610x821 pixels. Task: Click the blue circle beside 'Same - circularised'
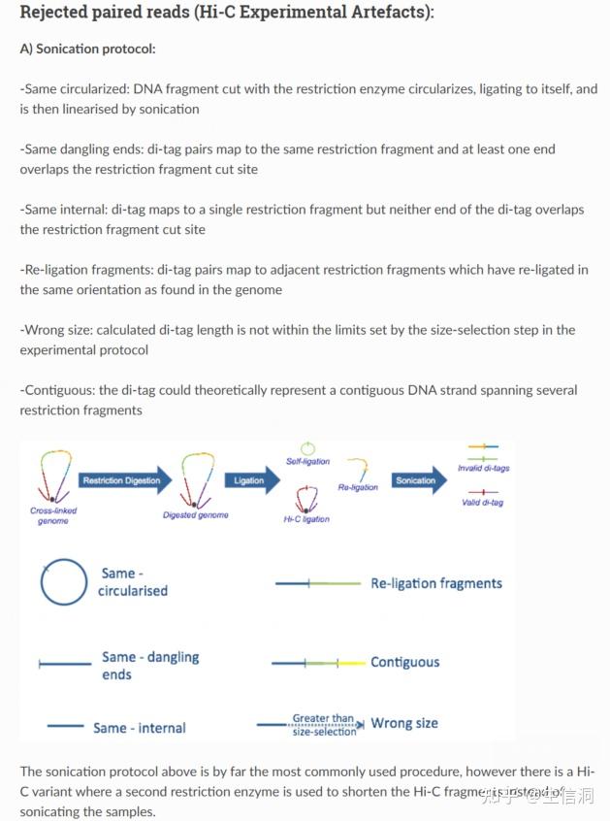click(64, 582)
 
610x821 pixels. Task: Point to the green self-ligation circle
click(308, 448)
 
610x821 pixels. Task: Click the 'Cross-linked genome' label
click(53, 515)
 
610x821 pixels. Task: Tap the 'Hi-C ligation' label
click(306, 519)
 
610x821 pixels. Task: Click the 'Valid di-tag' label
click(483, 503)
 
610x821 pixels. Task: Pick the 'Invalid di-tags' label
click(483, 468)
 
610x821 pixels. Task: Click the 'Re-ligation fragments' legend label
click(436, 583)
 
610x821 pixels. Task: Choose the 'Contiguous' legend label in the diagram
click(404, 662)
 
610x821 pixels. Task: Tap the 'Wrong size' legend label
click(404, 723)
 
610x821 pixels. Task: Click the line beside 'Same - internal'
click(65, 725)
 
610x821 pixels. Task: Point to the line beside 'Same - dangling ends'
click(65, 665)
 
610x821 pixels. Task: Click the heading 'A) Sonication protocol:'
click(87, 49)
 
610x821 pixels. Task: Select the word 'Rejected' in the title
click(57, 14)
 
